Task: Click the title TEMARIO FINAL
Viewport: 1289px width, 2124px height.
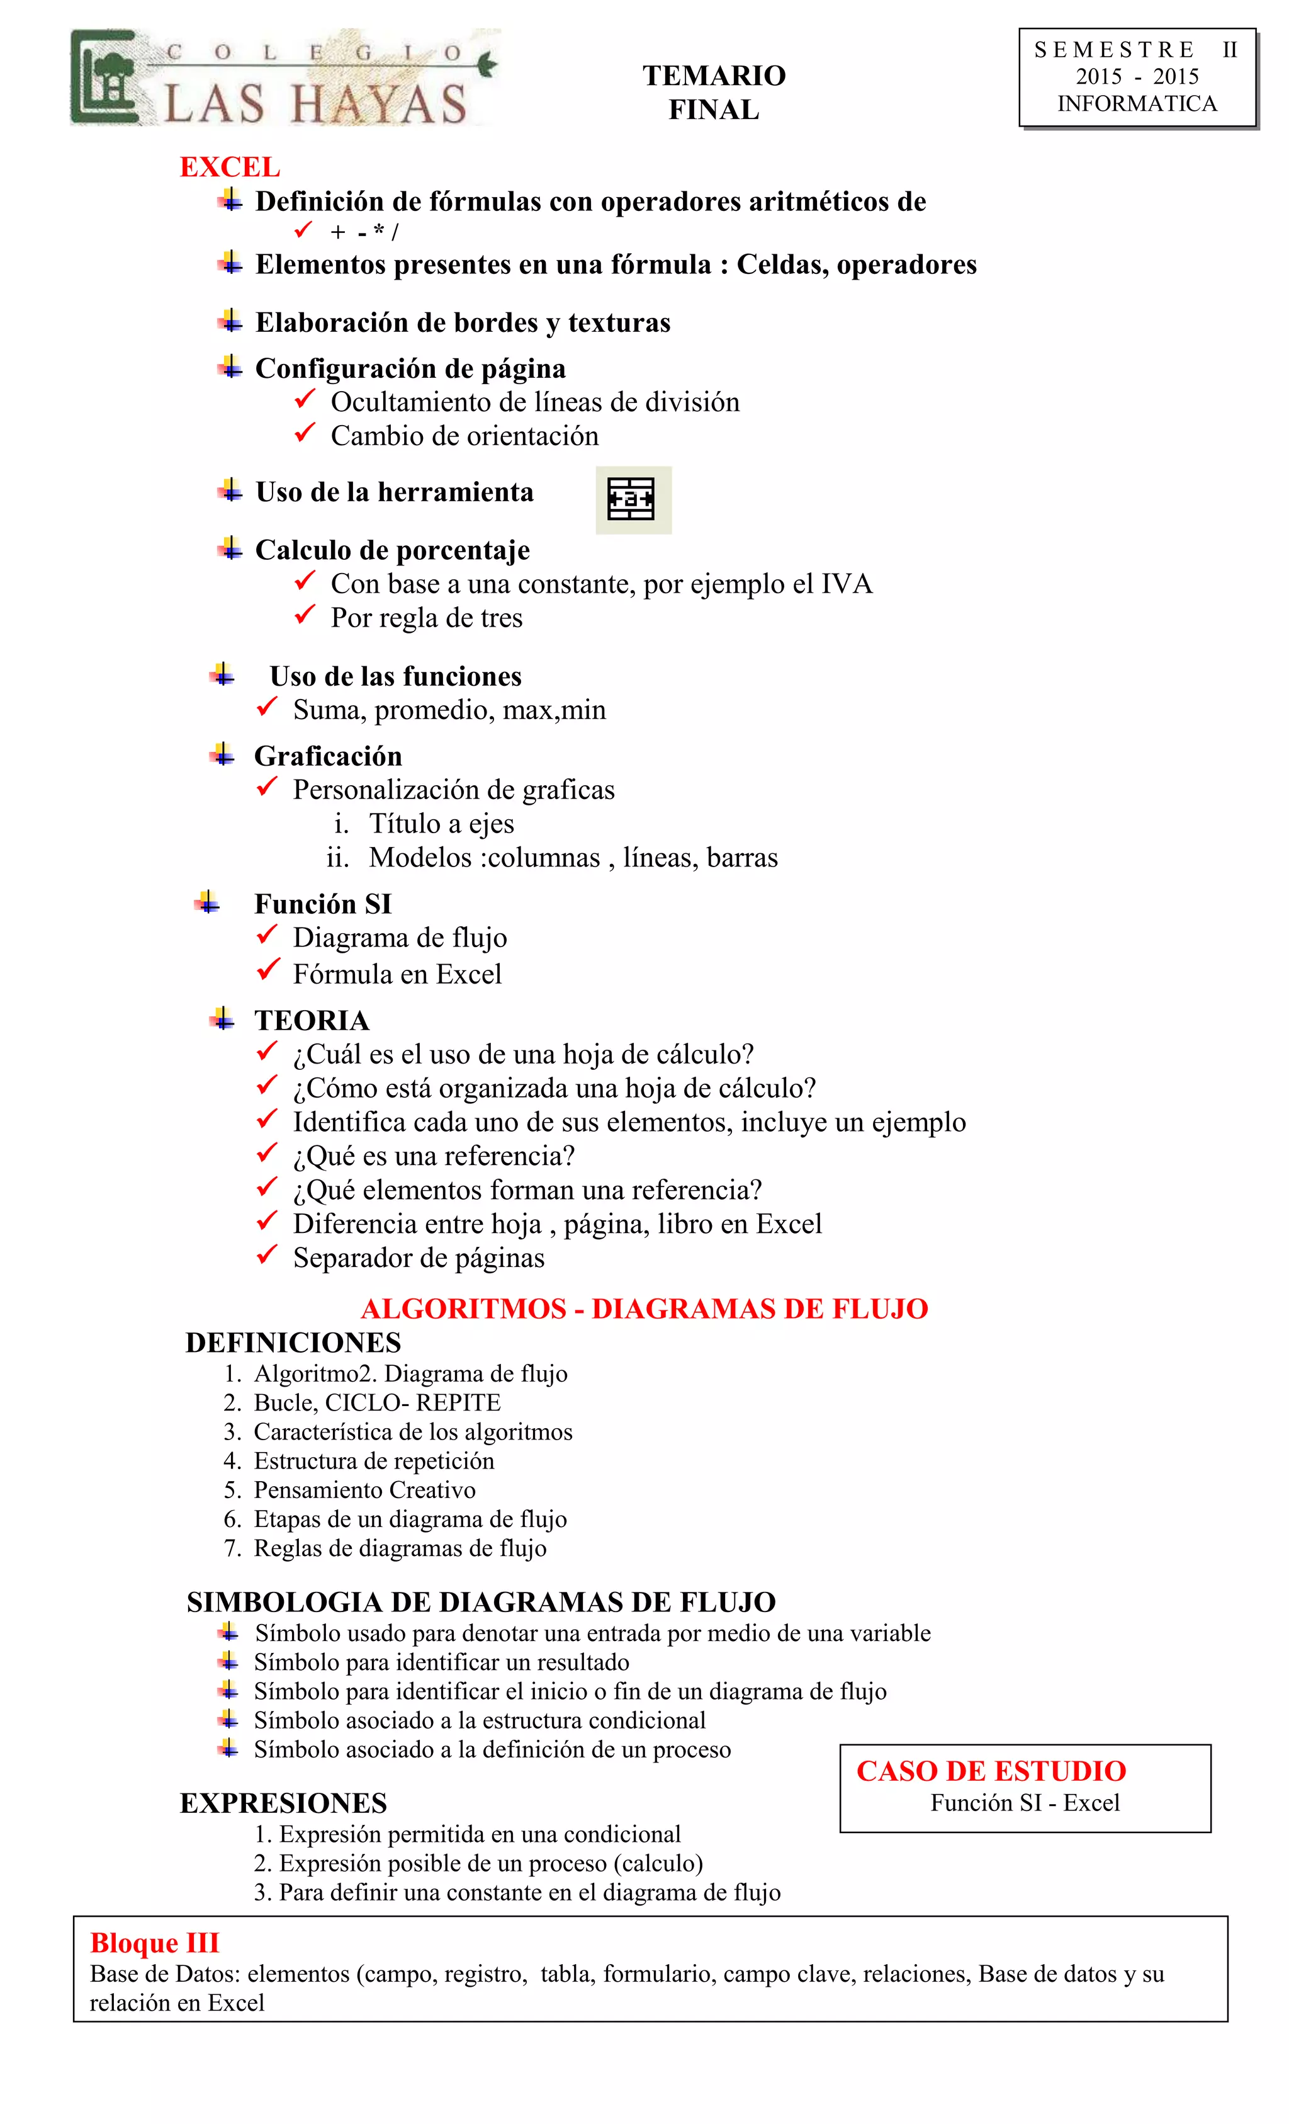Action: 714,92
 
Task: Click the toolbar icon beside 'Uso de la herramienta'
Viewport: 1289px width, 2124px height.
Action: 633,500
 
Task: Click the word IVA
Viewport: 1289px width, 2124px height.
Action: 846,584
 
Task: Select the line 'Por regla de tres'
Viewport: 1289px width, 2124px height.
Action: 427,618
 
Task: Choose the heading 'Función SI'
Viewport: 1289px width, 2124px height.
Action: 322,904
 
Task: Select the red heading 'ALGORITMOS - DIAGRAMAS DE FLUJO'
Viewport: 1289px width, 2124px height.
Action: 644,1309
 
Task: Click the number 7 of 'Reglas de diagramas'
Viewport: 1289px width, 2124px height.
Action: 231,1548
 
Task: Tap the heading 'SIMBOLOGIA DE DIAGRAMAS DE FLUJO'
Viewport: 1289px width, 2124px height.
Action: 481,1603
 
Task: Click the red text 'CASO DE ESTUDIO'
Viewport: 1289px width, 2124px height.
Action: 991,1771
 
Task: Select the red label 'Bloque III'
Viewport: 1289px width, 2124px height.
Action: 155,1943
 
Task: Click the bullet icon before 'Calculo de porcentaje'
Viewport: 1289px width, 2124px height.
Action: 229,548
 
